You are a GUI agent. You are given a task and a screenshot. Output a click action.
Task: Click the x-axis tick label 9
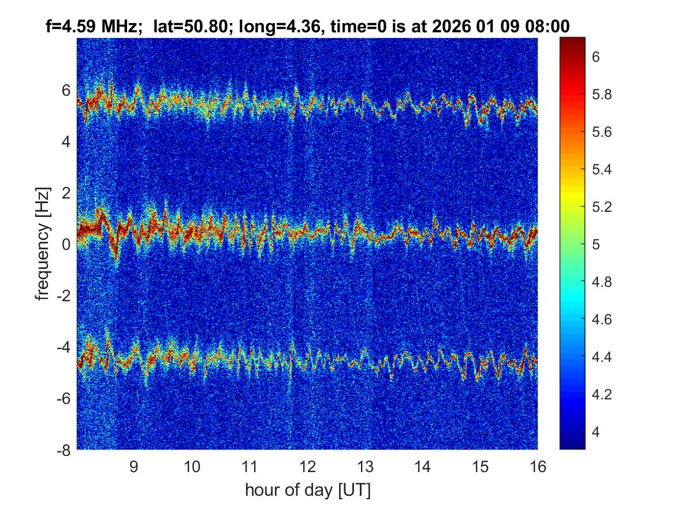(133, 466)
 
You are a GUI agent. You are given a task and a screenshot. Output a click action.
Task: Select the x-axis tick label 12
(307, 466)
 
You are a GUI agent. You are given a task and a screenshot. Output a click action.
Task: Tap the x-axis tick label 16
(538, 466)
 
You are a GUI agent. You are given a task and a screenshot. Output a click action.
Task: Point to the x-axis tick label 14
(422, 466)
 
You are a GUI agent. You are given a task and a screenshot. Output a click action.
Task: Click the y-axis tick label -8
(63, 450)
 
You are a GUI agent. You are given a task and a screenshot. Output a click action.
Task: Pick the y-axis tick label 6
(66, 90)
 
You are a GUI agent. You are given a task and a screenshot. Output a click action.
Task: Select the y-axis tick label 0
(66, 244)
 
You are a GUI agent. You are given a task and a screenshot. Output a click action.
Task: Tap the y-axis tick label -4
(63, 347)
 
